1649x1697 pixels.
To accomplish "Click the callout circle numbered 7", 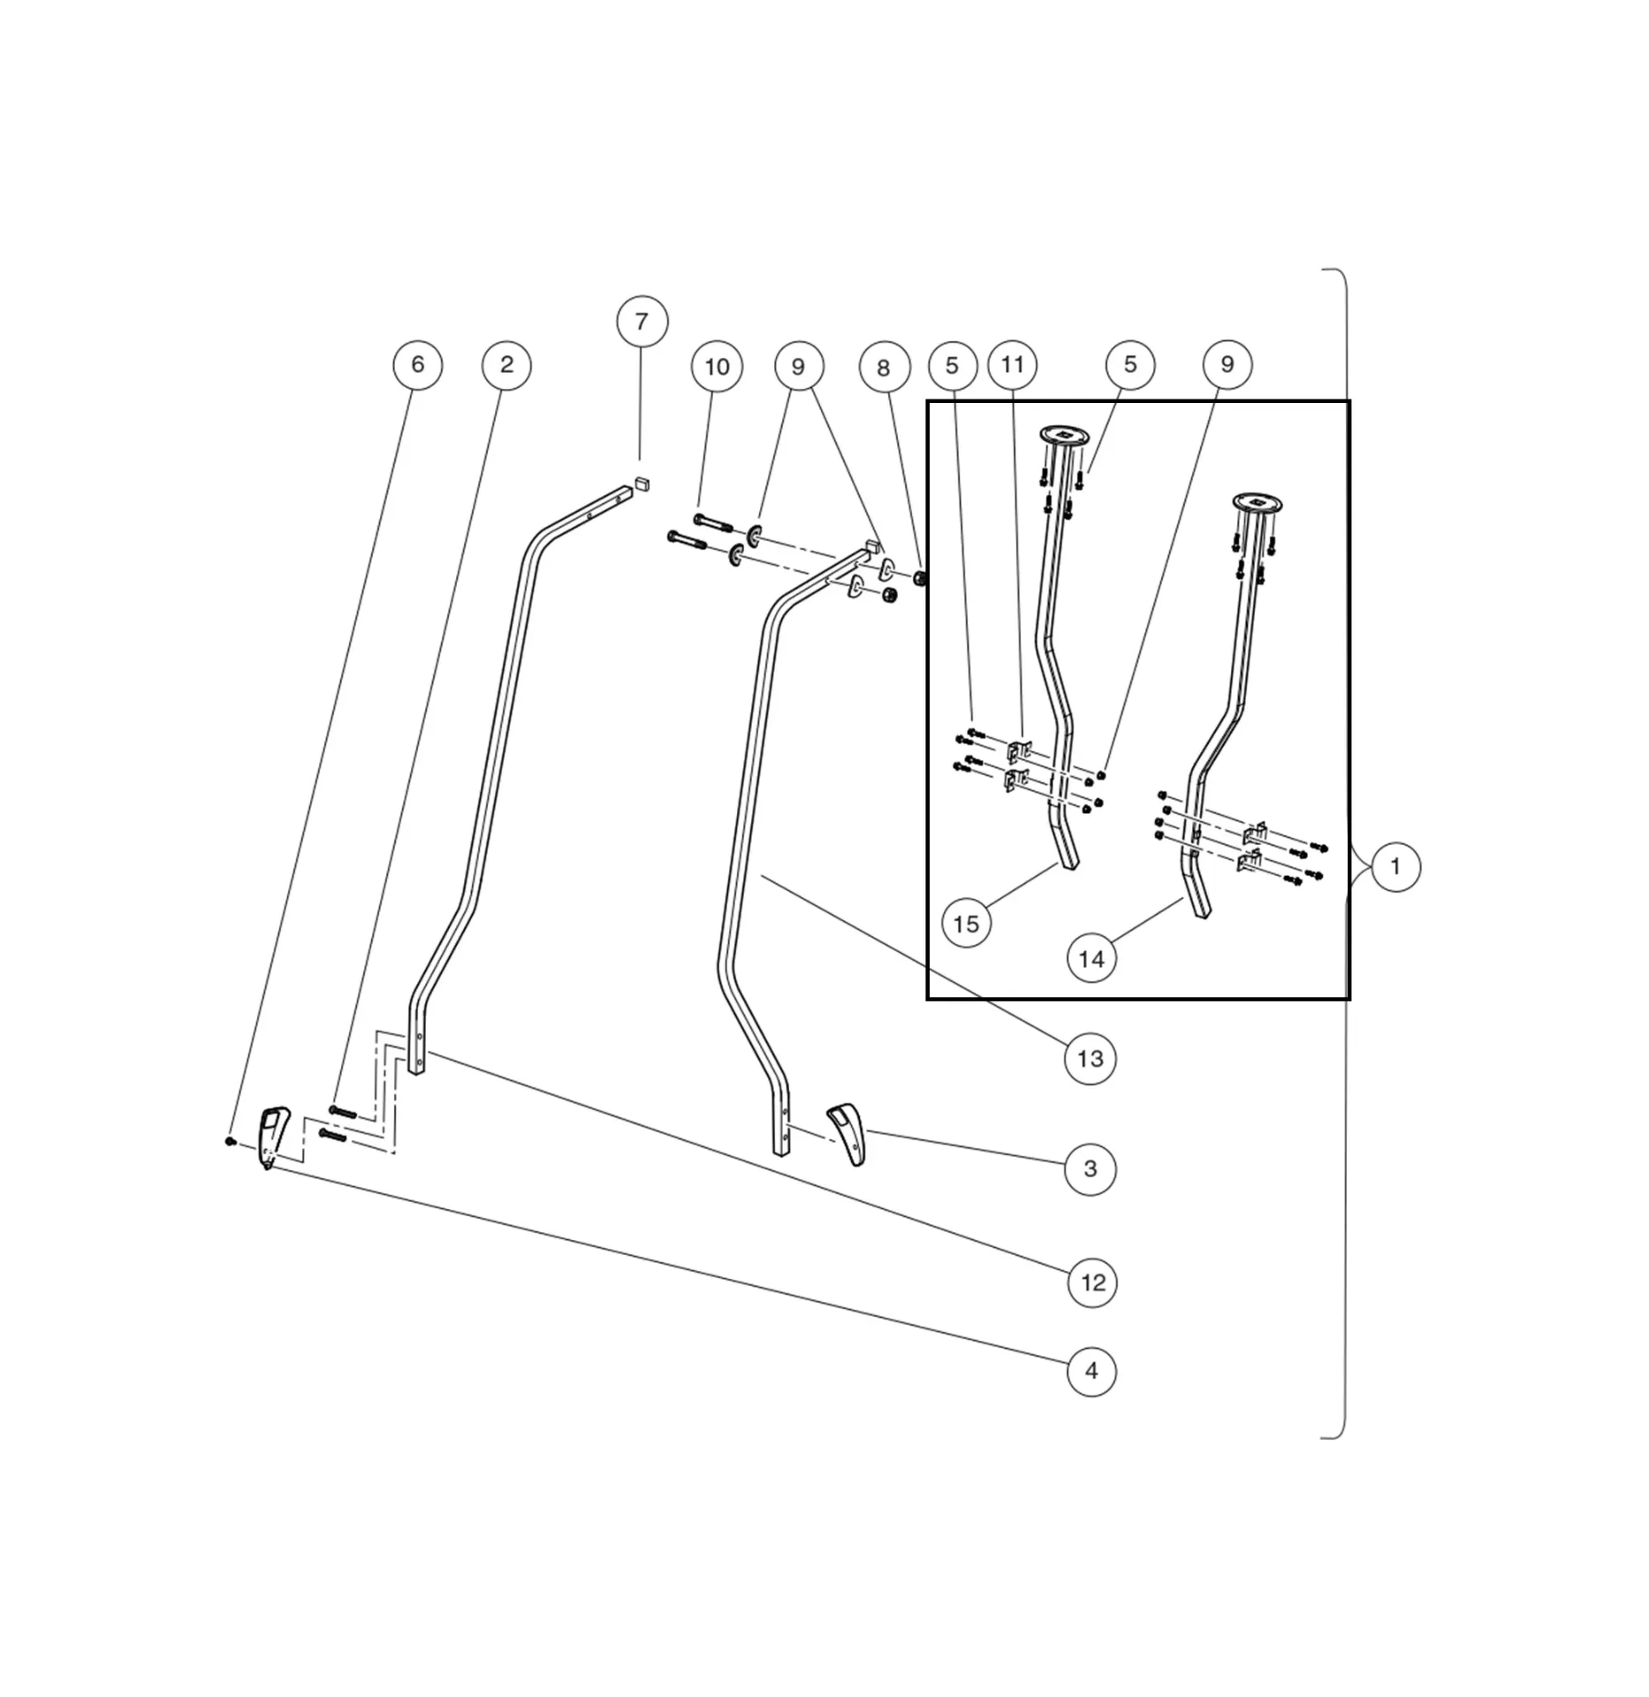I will (642, 321).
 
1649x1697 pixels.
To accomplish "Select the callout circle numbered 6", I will (417, 364).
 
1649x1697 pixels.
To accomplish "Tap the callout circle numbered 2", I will (506, 364).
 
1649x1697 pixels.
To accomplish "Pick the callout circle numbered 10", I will (717, 366).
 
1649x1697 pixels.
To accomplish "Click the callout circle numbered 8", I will (884, 368).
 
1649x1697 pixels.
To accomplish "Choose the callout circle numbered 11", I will (1012, 364).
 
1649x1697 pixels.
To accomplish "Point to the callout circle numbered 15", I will (966, 924).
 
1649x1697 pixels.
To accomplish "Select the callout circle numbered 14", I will (1091, 959).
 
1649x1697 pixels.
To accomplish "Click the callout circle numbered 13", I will (1090, 1058).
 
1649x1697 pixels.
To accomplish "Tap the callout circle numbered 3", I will (1090, 1168).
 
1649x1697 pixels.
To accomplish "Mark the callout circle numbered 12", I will (1092, 1282).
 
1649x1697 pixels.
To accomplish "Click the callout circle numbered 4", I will (1091, 1371).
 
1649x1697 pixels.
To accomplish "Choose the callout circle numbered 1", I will (1395, 866).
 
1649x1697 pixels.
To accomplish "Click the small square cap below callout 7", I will (642, 483).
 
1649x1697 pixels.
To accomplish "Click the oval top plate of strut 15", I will (1064, 435).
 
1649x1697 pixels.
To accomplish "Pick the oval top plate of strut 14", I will (1258, 503).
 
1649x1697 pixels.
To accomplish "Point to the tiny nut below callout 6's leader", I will (230, 1141).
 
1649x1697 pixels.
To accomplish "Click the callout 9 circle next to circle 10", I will (799, 366).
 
